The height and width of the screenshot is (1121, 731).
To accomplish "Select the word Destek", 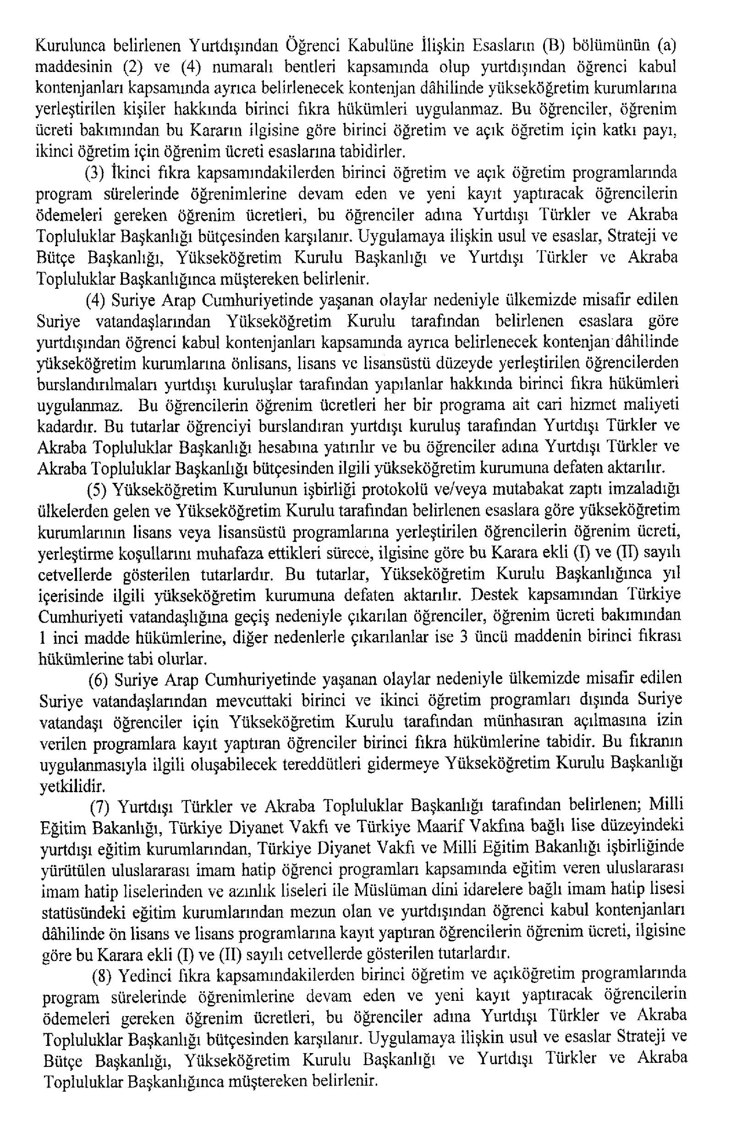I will (x=495, y=595).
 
